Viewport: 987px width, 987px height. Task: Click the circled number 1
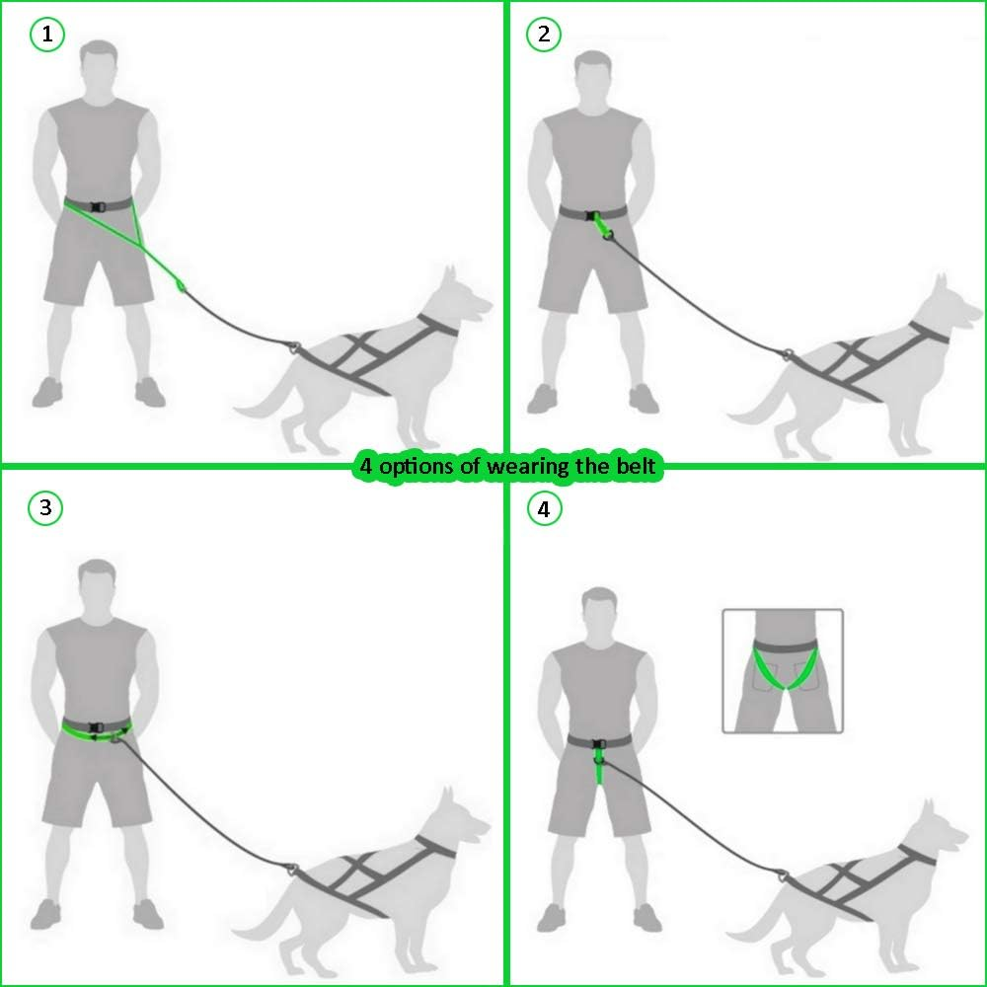(x=47, y=35)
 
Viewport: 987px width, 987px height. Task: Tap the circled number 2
(x=543, y=34)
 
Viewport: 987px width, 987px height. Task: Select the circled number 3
(x=45, y=507)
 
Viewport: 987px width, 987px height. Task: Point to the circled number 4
(x=544, y=508)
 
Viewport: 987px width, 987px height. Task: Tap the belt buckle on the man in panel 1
(x=97, y=206)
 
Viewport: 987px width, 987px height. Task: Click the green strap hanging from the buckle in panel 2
(x=601, y=225)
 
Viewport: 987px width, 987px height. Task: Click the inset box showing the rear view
(x=783, y=671)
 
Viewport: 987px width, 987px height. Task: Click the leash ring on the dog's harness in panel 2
(x=787, y=354)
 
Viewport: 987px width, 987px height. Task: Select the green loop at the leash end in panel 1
(x=180, y=286)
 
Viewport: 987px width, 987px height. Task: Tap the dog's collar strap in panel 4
(x=918, y=856)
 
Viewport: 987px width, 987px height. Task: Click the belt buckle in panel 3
(x=96, y=727)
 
